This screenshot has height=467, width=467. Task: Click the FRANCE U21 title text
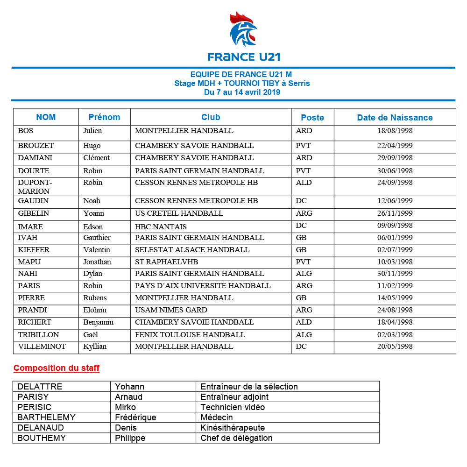point(244,57)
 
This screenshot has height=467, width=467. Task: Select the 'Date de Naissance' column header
point(395,118)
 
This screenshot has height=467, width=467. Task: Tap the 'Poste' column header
point(312,118)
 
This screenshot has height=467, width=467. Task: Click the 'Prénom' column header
point(104,117)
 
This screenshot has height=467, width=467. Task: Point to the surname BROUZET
point(36,146)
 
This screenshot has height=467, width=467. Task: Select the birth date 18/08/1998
point(395,131)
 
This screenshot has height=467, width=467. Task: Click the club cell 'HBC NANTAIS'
point(161,227)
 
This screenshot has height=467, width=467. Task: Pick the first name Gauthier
point(97,238)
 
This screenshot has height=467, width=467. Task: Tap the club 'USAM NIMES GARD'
point(171,310)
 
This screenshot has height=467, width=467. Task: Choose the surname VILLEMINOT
point(42,347)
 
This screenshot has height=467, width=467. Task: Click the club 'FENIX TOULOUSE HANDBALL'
point(190,335)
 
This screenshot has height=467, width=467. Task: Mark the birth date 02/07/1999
point(395,250)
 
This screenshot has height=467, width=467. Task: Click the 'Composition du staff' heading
point(57,368)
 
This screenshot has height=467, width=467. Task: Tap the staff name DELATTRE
point(40,387)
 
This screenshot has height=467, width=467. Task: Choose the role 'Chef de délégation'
point(236,438)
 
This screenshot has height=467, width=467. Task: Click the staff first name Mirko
point(125,407)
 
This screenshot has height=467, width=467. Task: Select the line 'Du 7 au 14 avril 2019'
point(242,92)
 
